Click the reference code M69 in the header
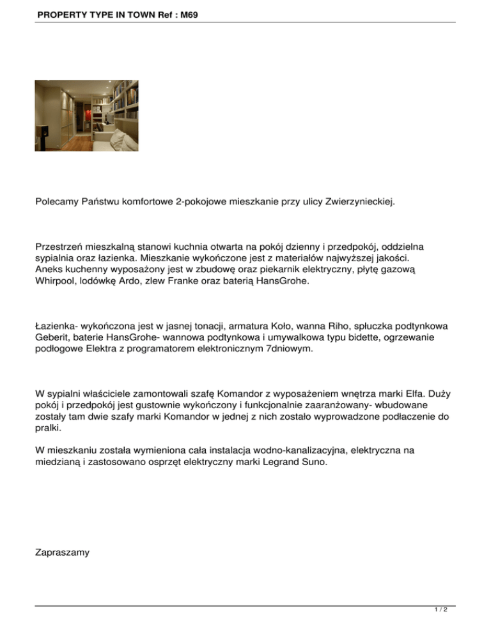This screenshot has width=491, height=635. (186, 12)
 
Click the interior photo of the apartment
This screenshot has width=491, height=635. (86, 115)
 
